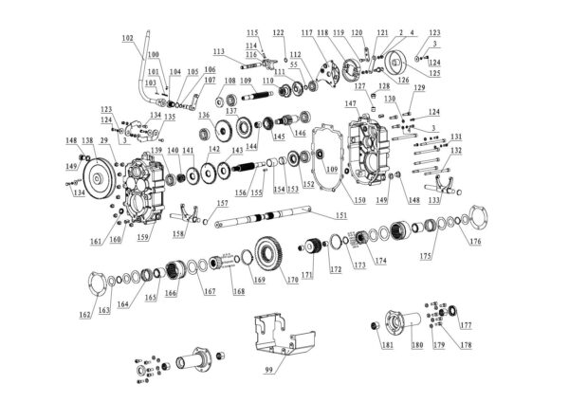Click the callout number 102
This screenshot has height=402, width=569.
(x=128, y=38)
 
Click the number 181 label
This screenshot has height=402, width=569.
(x=387, y=345)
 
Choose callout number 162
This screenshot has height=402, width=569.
(x=84, y=314)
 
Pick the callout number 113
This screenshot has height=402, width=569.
(x=218, y=50)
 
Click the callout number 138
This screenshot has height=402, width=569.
(x=87, y=140)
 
